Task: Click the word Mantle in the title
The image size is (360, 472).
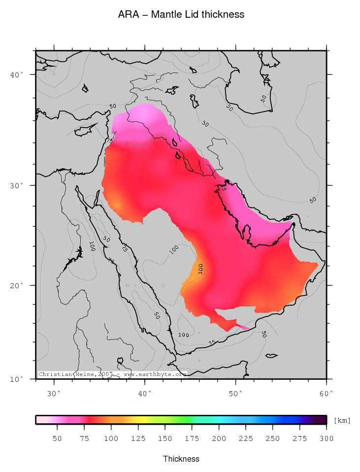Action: click(166, 15)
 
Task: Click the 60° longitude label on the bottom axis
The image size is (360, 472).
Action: click(327, 393)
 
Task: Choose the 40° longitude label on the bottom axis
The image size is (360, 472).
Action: click(145, 393)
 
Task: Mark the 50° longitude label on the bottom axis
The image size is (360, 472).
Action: click(236, 393)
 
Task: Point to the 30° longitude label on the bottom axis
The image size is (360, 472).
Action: click(54, 393)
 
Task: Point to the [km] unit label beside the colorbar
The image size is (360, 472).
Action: click(342, 420)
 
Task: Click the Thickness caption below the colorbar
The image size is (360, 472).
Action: click(181, 459)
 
